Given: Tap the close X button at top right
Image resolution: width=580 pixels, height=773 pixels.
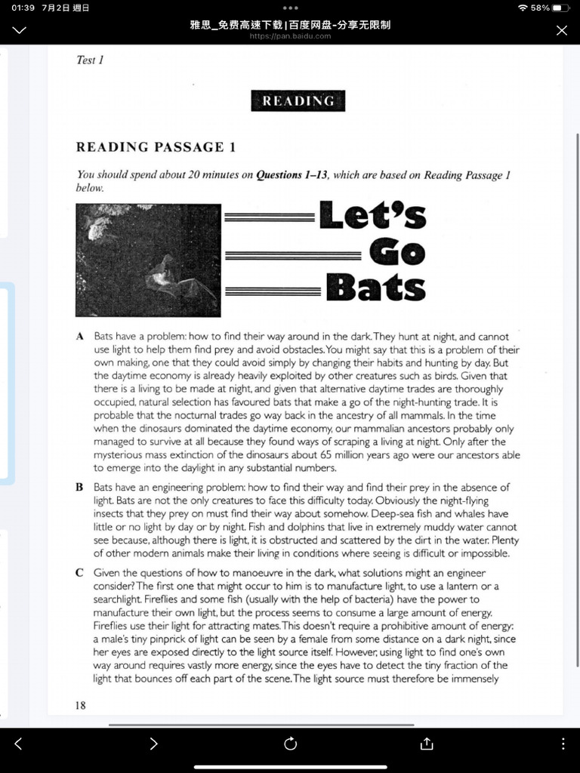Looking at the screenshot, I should click(x=561, y=30).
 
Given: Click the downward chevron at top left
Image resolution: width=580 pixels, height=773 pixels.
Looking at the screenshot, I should click(x=20, y=30).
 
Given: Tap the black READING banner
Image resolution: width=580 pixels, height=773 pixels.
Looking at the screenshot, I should click(x=298, y=101).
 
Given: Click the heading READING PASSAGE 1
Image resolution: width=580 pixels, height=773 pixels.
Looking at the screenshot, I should click(x=156, y=147).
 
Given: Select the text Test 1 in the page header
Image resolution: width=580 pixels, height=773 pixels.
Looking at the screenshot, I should click(x=90, y=60).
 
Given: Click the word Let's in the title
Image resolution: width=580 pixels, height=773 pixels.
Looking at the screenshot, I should click(x=372, y=215).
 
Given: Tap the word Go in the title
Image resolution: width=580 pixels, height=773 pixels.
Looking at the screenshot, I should click(x=397, y=252).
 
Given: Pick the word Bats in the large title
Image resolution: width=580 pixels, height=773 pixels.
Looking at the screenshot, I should click(x=375, y=288).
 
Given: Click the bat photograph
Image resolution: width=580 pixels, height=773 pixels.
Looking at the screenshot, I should click(x=148, y=260).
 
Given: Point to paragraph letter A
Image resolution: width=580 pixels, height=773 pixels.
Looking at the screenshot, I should click(x=79, y=337).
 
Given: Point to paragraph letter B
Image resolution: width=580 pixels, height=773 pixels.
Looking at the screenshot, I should click(x=79, y=488).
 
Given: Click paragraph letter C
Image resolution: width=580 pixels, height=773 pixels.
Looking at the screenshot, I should click(x=79, y=573).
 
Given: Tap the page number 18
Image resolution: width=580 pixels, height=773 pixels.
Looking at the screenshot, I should click(x=81, y=705).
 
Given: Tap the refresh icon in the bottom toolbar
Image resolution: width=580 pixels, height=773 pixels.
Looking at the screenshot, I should click(x=290, y=744).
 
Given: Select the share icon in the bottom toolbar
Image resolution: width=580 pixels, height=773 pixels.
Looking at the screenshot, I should click(x=426, y=744).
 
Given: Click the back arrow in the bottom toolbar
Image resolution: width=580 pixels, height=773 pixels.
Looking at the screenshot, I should click(x=18, y=744).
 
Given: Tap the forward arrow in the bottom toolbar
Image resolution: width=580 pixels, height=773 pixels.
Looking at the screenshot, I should click(x=154, y=744).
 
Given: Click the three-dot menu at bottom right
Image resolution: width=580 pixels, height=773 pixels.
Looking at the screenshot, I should click(x=563, y=744).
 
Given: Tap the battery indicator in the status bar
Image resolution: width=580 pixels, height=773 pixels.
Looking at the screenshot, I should click(x=560, y=8).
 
